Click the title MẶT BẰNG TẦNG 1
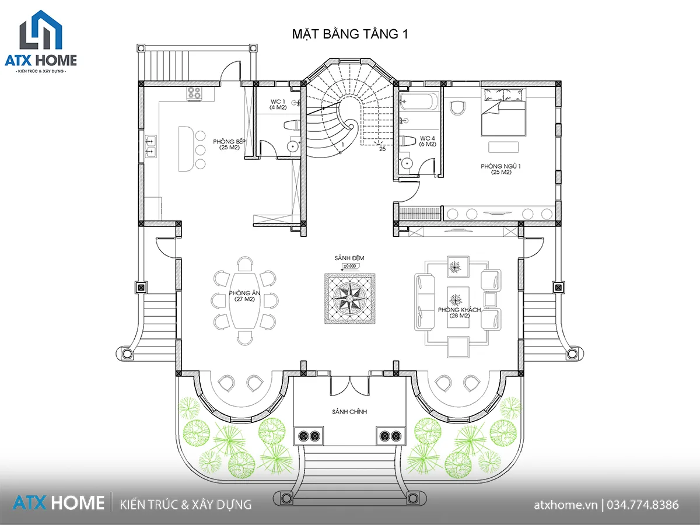[x=350, y=34]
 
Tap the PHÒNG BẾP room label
[x=229, y=144]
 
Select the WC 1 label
[x=278, y=104]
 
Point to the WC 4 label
[x=428, y=141]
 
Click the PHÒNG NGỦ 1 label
[x=501, y=169]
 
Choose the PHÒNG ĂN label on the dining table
[x=244, y=296]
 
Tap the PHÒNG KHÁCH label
[x=459, y=313]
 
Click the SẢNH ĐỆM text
[x=349, y=258]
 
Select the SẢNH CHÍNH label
[x=349, y=411]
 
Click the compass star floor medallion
[x=350, y=298]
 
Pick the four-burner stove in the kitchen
[x=194, y=94]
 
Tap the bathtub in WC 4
[x=419, y=101]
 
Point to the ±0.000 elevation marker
[x=350, y=266]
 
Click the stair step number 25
[x=382, y=149]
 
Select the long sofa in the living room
[x=425, y=302]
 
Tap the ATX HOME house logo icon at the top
[x=41, y=30]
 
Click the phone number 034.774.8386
[x=643, y=505]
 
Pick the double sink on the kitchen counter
[x=150, y=146]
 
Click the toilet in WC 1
[x=292, y=125]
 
